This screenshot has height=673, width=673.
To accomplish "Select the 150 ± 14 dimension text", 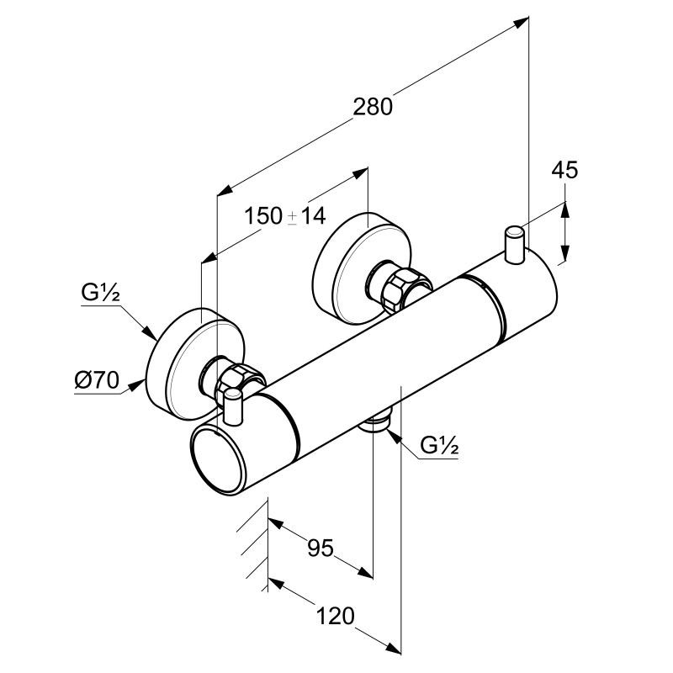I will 285,216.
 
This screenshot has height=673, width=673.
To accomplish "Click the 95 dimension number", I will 320,548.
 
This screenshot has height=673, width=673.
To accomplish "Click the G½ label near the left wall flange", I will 101,294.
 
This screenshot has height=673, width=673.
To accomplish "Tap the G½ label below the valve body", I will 438,446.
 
